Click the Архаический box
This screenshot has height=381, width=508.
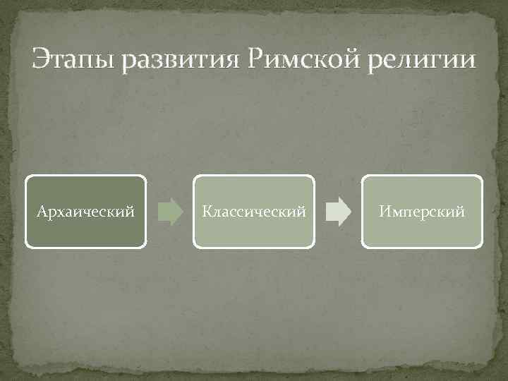point(86,212)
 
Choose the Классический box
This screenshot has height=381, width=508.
point(254,212)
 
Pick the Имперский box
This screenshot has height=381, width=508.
point(422,212)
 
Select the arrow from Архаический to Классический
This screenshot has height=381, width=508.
point(169,212)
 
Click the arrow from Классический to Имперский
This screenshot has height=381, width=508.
point(338,212)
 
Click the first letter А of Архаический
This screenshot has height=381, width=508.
point(41,212)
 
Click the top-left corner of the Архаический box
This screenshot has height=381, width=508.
point(27,176)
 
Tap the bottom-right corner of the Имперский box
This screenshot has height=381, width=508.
point(482,247)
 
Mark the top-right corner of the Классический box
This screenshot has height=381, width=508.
point(313,176)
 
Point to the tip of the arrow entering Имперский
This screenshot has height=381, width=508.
point(349,212)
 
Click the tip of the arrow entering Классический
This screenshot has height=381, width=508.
point(181,212)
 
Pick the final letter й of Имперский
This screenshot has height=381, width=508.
point(461,212)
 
